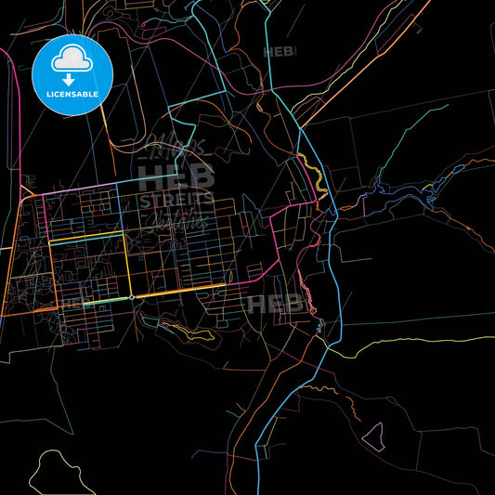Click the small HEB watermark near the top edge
(279, 53)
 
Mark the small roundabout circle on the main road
(132, 297)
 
